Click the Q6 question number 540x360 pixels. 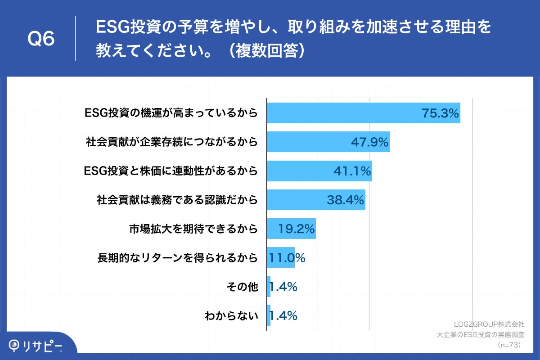[x=41, y=39]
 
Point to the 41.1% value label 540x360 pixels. [x=352, y=171]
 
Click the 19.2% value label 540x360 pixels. [x=296, y=229]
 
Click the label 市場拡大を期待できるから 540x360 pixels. [x=193, y=229]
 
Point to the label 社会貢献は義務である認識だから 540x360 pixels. [x=177, y=200]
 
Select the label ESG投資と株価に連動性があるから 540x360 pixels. [x=171, y=171]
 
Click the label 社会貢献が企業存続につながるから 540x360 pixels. [x=172, y=142]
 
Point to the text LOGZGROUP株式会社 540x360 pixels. [x=489, y=324]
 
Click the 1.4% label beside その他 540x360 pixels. [x=283, y=287]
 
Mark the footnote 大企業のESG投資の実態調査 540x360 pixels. [x=481, y=335]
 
